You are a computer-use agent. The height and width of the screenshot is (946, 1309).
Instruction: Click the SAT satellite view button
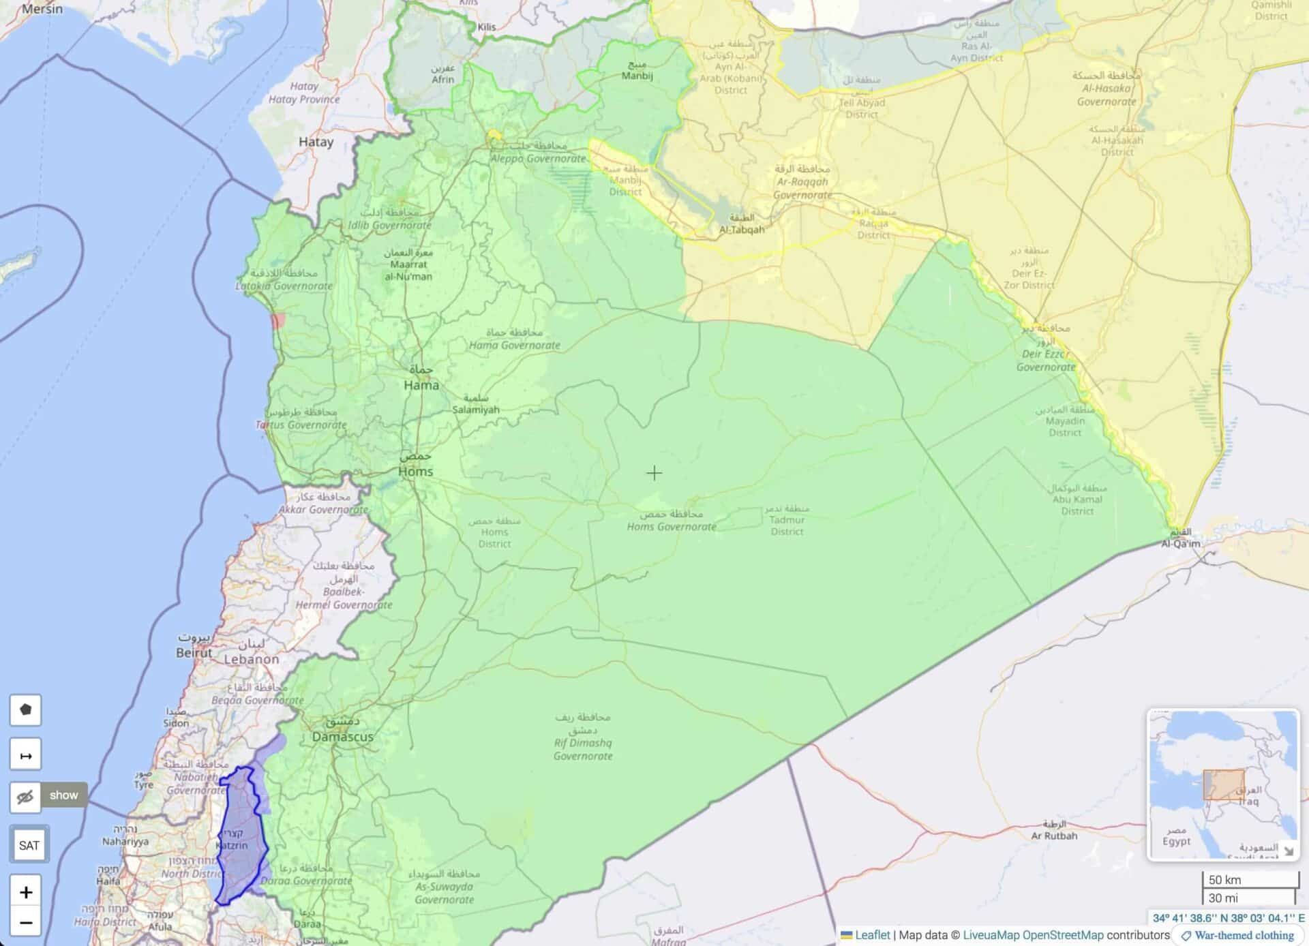point(29,845)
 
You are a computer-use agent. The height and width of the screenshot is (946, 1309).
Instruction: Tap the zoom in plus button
point(26,892)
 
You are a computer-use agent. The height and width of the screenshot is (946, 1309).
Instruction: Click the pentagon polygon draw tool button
point(26,709)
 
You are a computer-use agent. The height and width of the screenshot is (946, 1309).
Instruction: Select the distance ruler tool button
point(26,755)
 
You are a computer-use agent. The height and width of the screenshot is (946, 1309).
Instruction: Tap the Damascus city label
point(342,736)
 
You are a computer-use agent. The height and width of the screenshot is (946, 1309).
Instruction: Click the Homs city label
point(415,471)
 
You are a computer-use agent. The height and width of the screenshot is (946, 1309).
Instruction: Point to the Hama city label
point(421,384)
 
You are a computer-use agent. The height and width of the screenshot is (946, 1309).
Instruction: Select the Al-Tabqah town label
point(741,230)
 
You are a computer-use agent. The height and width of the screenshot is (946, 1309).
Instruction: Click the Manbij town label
point(637,75)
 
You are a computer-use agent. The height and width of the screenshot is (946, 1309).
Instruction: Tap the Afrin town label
point(442,79)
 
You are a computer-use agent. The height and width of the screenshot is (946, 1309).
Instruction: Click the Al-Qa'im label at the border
point(1181,543)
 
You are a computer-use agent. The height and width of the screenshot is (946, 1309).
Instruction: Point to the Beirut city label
point(194,652)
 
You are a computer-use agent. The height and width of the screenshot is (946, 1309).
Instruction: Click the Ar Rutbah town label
point(1054,835)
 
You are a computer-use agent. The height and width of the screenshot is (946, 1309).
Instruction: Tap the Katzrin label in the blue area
point(232,845)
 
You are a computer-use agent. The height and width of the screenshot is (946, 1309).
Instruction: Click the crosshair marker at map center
point(654,472)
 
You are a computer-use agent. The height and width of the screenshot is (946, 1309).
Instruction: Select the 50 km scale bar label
point(1224,879)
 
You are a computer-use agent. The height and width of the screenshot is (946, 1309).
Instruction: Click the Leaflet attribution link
point(872,935)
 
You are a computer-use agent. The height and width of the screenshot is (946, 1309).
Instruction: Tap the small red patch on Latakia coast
point(277,321)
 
